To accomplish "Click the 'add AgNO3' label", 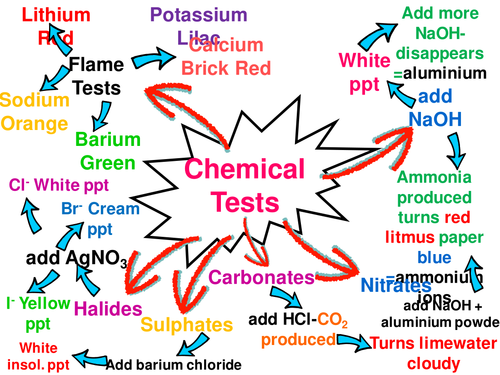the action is coord(76,258).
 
